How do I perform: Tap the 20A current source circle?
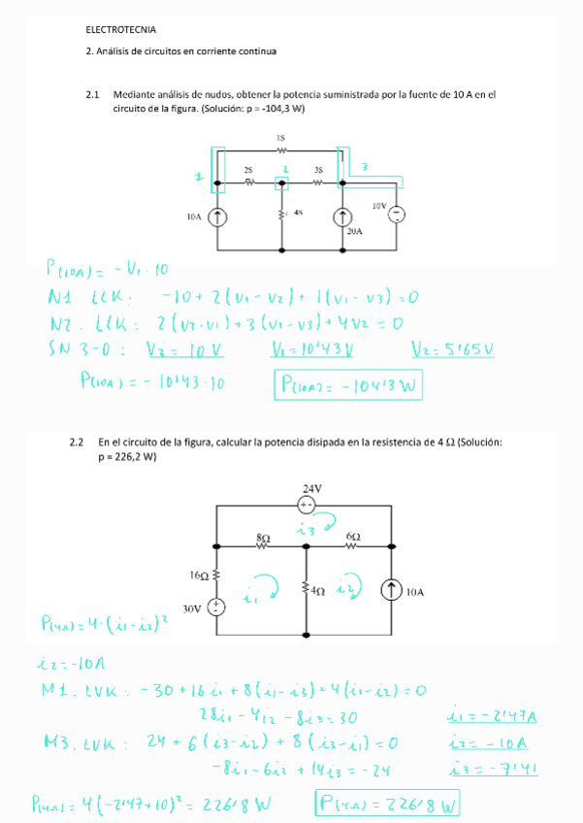point(342,217)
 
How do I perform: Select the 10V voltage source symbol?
point(396,214)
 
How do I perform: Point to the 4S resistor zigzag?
point(282,213)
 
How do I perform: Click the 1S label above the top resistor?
point(281,139)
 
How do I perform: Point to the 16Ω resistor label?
point(197,576)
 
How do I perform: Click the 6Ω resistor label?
point(353,535)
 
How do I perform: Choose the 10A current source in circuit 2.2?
point(392,589)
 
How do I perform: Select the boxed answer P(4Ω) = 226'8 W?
point(385,805)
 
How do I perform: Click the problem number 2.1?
point(94,95)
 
